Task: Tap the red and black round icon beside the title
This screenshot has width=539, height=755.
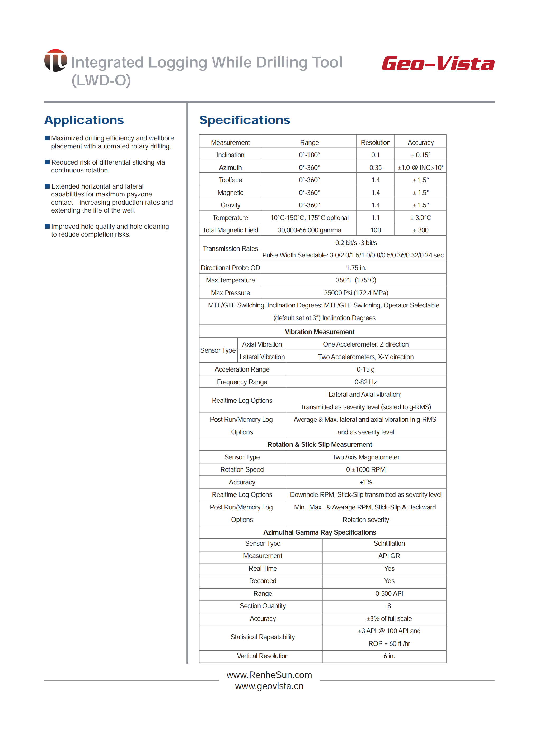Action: (x=55, y=60)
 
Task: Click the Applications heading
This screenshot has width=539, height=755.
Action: (x=84, y=120)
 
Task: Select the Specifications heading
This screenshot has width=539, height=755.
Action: (x=245, y=120)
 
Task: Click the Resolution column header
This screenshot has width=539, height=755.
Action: (x=375, y=142)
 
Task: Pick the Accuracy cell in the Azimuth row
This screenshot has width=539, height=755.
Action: (x=420, y=168)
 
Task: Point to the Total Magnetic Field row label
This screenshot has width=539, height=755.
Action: (x=230, y=230)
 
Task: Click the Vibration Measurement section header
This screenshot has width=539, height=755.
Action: (x=320, y=332)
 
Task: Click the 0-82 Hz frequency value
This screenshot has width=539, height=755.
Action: (x=365, y=382)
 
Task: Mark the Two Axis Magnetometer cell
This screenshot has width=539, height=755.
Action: (x=366, y=457)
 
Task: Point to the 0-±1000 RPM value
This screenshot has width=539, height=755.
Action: (x=366, y=470)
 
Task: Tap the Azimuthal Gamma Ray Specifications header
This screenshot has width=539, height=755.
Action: (x=320, y=532)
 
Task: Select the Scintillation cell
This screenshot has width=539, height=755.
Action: (x=389, y=544)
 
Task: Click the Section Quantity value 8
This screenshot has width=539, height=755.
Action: (x=389, y=606)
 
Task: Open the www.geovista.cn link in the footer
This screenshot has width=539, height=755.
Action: (x=269, y=686)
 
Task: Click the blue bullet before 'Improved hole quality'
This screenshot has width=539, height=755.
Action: (x=47, y=226)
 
